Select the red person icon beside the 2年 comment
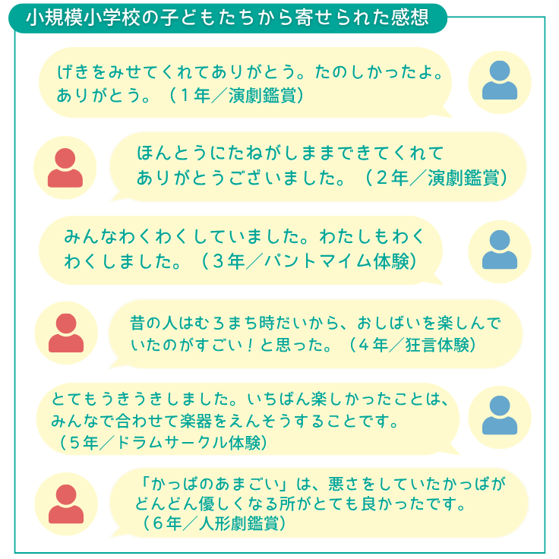tap(65, 168)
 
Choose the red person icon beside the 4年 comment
tap(66, 333)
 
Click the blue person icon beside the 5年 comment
tap(500, 415)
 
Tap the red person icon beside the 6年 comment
tap(66, 504)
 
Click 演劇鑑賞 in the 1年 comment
tap(262, 96)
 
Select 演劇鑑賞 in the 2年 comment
tap(463, 178)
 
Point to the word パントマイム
tap(318, 261)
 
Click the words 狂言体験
tap(437, 345)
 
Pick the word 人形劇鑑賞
tap(238, 524)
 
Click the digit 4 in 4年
tap(363, 345)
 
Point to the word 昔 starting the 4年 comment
tap(137, 323)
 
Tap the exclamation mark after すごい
tap(250, 345)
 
